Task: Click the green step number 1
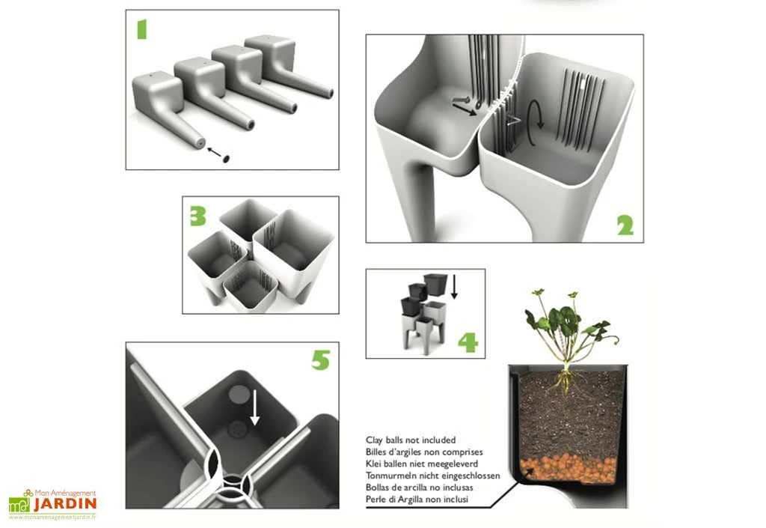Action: pos(141,29)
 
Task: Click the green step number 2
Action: pos(625,225)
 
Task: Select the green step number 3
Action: pos(197,216)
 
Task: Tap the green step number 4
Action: pos(468,343)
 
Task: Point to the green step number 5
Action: pos(320,360)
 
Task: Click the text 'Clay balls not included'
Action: pos(410,440)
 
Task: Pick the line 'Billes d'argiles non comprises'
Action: pos(423,452)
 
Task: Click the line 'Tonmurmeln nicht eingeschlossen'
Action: pos(429,476)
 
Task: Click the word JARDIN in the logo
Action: pos(65,505)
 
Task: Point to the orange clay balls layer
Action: pos(568,468)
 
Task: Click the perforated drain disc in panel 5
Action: pos(238,430)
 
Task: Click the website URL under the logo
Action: pos(52,517)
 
